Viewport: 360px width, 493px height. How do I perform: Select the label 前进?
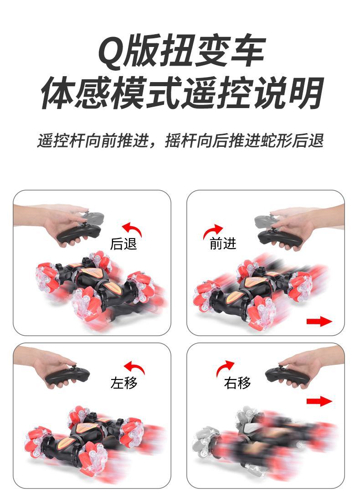click(x=223, y=244)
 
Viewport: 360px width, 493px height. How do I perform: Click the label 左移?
click(x=124, y=383)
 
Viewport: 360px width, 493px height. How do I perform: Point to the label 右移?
click(x=237, y=383)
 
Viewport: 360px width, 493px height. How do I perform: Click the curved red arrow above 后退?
click(x=133, y=228)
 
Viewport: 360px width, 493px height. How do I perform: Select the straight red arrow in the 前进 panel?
click(x=319, y=322)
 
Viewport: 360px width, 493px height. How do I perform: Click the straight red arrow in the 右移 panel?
click(x=319, y=401)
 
